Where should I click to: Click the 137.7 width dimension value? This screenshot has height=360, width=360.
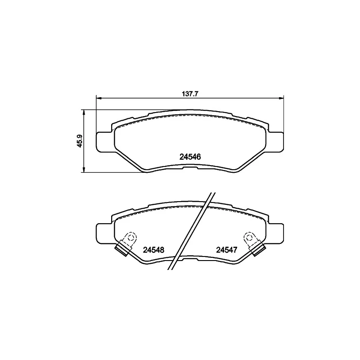tap(190, 94)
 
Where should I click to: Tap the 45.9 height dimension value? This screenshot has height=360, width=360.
tap(80, 141)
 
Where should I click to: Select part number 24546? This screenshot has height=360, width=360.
tap(189, 157)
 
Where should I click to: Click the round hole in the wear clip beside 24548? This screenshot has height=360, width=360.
tap(131, 237)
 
